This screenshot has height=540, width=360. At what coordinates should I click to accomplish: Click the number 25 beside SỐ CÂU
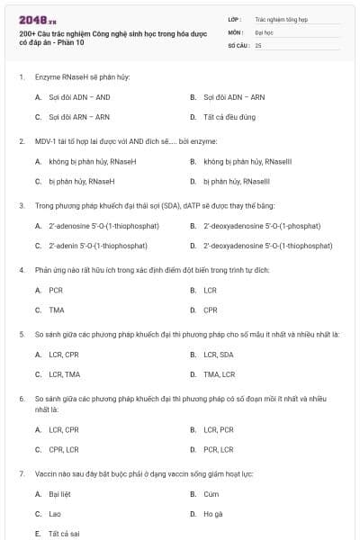coord(258,44)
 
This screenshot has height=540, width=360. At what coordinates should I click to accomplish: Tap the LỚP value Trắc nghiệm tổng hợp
coord(280,17)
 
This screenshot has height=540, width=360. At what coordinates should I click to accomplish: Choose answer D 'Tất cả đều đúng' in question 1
coord(229,117)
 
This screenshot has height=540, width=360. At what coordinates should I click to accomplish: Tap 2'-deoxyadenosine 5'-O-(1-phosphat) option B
coord(256,225)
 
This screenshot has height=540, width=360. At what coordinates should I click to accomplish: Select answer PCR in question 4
coord(56,290)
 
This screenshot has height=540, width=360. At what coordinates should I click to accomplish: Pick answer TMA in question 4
coord(57,310)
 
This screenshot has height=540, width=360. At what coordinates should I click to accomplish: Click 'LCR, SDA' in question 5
coord(218,354)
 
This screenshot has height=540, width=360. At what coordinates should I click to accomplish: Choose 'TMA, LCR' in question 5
coord(219,373)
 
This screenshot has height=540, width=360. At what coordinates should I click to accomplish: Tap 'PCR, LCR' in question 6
coord(219,449)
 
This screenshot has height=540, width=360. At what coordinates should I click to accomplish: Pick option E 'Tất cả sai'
coord(64,533)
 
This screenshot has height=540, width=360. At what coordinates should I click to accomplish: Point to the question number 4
coord(22,270)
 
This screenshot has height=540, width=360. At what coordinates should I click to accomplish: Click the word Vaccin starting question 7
coord(45,473)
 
